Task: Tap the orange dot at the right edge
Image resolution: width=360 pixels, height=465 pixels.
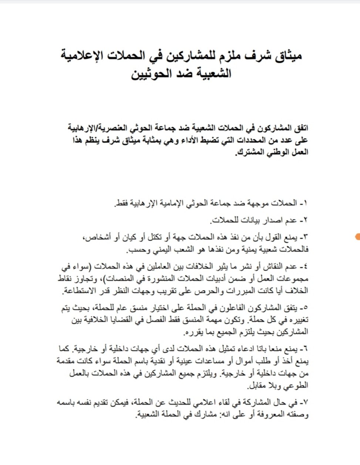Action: pyautogui.click(x=358, y=237)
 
